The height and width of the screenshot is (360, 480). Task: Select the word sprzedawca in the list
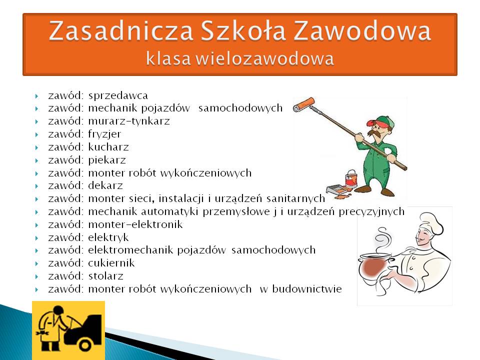[118, 96]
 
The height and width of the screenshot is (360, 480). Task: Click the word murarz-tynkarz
[129, 121]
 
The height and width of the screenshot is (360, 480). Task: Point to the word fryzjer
[104, 134]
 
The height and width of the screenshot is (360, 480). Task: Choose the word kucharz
[108, 147]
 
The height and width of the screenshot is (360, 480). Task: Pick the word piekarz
[107, 160]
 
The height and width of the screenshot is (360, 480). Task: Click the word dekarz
[105, 185]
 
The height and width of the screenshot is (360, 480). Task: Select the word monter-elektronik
[135, 224]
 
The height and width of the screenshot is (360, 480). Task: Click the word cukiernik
[111, 263]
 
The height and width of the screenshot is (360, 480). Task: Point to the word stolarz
[105, 276]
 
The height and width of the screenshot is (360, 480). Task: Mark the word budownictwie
[307, 288]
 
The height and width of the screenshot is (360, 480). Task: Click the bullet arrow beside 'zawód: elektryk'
[36, 238]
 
